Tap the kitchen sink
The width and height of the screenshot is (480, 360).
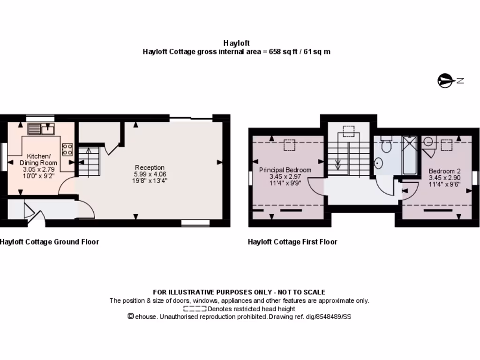42,128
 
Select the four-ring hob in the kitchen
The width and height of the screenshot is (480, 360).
67,149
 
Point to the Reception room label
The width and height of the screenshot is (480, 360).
150,167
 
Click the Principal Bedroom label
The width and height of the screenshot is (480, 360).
285,170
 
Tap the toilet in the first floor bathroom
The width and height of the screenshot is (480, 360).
386,145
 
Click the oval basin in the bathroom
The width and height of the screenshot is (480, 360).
379,163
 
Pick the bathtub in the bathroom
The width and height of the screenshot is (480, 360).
410,155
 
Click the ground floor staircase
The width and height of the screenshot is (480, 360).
89,161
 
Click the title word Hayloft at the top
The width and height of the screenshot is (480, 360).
237,43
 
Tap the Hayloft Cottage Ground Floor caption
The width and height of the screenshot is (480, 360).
49,242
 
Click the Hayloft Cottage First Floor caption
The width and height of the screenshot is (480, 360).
292,242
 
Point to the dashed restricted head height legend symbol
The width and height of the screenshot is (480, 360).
195,309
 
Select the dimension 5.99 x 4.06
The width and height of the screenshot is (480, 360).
150,174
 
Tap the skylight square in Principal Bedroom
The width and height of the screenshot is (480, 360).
289,145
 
